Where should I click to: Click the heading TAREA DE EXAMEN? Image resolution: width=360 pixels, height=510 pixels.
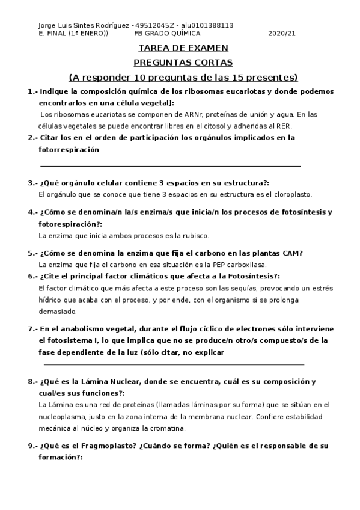tap(183, 48)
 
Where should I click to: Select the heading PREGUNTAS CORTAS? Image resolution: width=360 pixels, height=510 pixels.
tap(183, 63)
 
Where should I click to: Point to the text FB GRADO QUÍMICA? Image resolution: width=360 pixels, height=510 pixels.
tap(167, 34)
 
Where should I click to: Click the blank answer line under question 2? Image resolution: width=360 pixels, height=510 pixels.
tap(170, 165)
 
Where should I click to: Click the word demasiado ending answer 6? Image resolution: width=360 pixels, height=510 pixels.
tap(57, 312)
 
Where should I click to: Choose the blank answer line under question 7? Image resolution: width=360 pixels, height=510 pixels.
tap(174, 364)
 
